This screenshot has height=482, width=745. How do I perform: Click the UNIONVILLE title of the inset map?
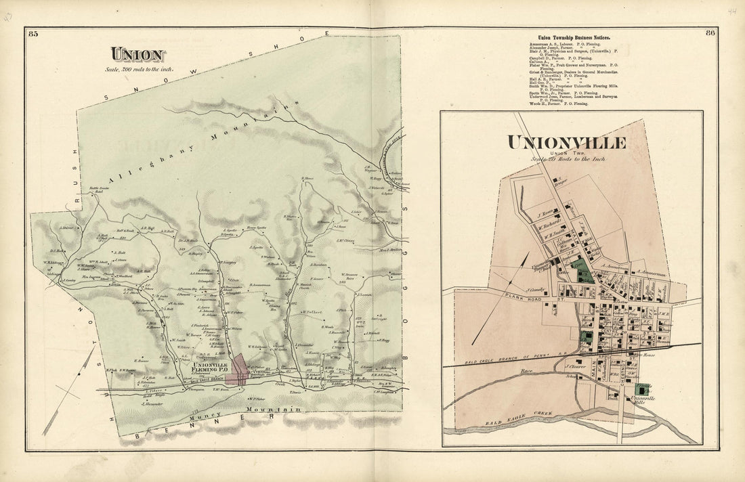click(567, 143)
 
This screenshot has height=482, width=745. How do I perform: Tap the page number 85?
click(34, 34)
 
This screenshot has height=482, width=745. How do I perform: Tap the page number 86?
click(710, 33)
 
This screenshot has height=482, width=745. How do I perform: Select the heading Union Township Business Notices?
click(574, 37)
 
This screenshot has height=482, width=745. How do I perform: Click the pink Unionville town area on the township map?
click(236, 370)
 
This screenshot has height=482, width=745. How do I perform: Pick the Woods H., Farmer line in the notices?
click(549, 104)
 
